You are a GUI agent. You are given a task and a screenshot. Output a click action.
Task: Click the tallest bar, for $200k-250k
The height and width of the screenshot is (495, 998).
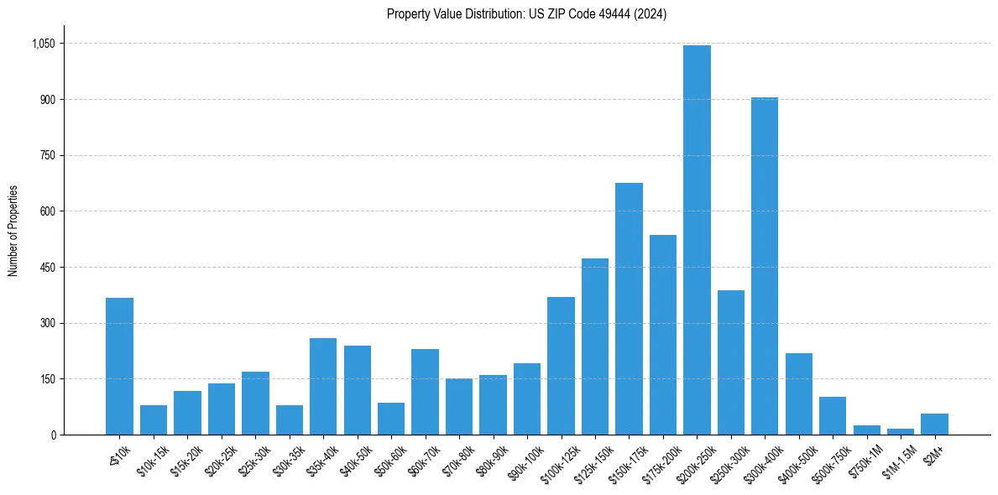697,240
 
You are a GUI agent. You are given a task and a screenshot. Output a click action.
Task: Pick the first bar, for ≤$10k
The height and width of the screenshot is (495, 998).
119,366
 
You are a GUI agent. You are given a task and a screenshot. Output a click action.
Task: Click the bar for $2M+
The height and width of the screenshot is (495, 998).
934,424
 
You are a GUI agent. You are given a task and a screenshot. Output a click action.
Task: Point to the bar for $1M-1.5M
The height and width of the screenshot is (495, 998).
901,431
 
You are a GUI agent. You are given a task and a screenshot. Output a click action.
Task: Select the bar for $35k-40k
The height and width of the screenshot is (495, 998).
323,386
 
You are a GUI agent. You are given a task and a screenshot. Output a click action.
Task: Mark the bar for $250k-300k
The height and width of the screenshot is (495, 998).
730,362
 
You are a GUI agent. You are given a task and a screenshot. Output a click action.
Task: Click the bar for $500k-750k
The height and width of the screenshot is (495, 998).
833,415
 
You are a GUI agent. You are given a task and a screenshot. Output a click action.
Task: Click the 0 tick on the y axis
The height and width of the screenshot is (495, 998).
52,435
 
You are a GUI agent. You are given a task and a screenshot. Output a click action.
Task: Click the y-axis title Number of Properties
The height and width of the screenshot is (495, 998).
13,231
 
